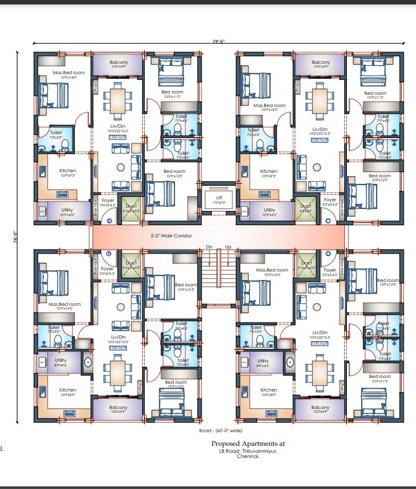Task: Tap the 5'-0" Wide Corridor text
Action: [x=171, y=235]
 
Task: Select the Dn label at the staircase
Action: [x=209, y=248]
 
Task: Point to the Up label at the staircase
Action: [x=228, y=248]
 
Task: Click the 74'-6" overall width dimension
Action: [x=217, y=41]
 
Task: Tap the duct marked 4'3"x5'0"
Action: [x=304, y=209]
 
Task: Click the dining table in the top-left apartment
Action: [x=118, y=99]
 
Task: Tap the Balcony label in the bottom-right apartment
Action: [x=320, y=408]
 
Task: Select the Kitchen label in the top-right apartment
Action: [x=269, y=172]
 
